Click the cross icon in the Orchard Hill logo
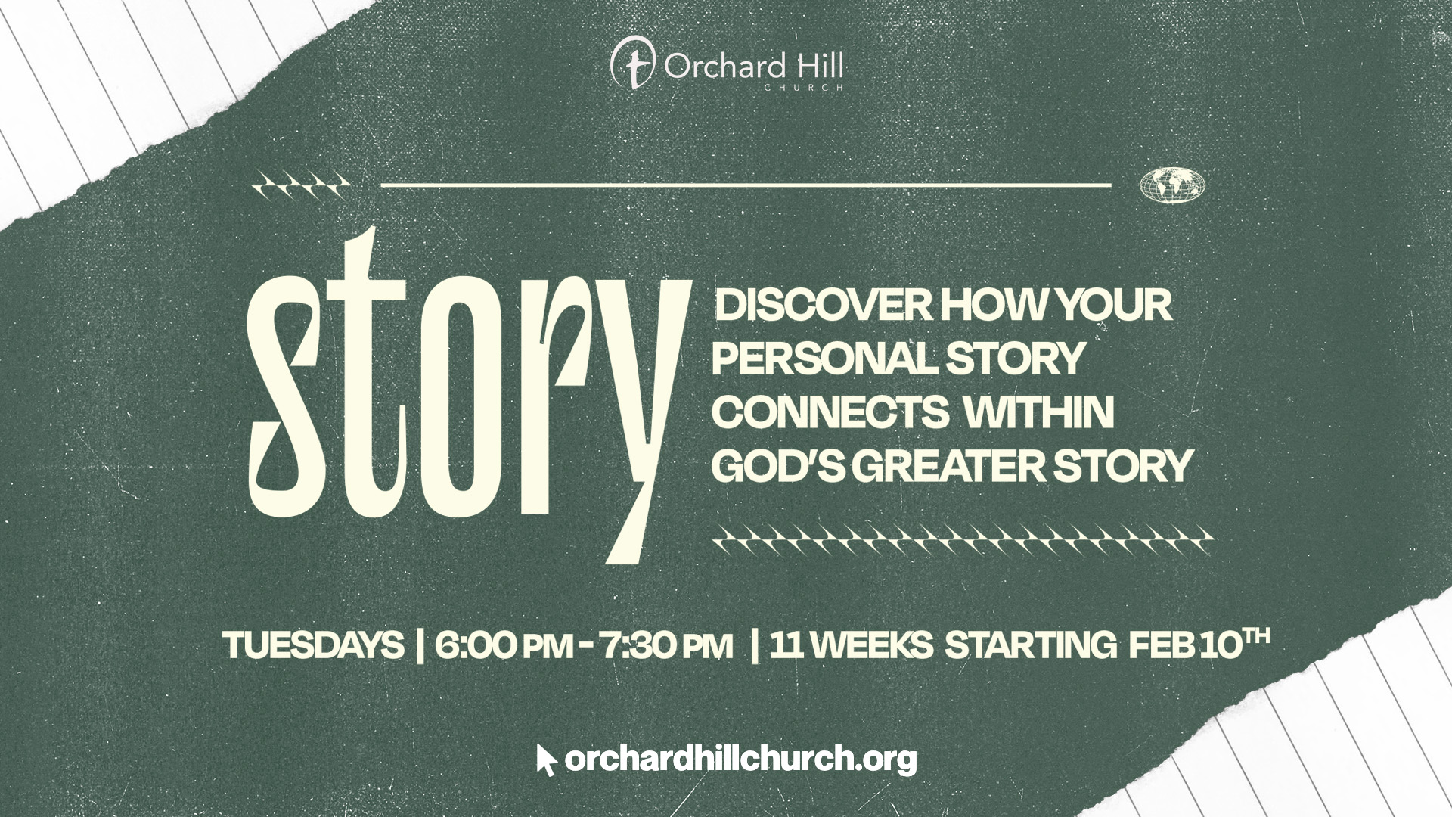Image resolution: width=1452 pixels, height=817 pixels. pyautogui.click(x=635, y=66)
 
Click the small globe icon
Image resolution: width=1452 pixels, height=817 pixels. pyautogui.click(x=1171, y=185)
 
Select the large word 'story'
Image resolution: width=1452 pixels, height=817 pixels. pyautogui.click(x=469, y=393)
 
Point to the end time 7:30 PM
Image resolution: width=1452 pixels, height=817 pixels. pyautogui.click(x=666, y=646)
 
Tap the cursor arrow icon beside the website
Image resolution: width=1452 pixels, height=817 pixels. pyautogui.click(x=546, y=760)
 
